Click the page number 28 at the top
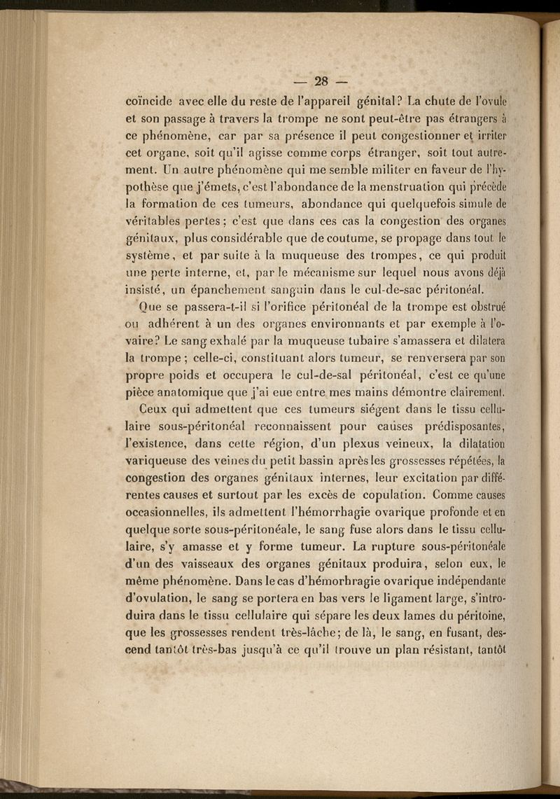coord(321,79)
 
